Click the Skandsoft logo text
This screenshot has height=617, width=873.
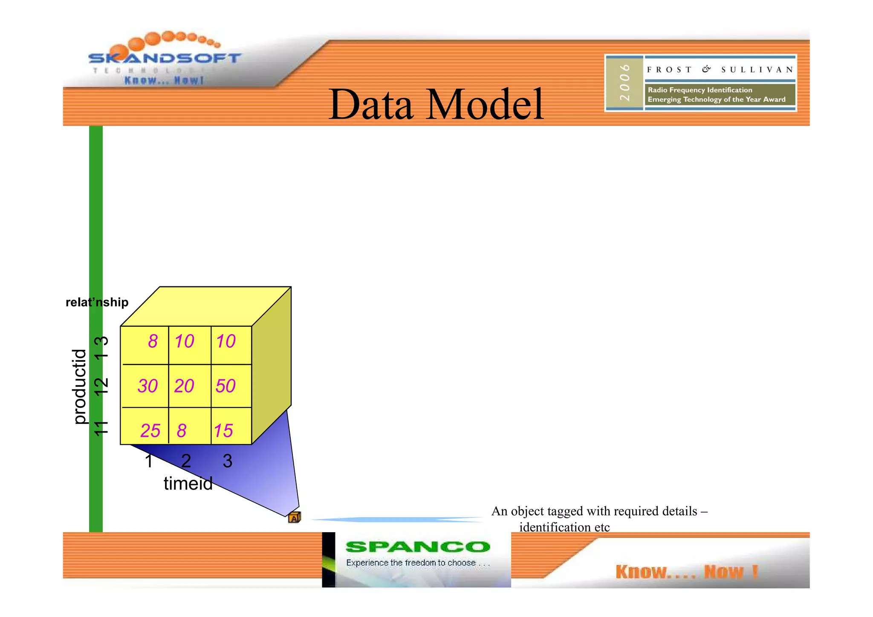pyautogui.click(x=165, y=58)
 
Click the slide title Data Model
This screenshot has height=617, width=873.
pyautogui.click(x=436, y=104)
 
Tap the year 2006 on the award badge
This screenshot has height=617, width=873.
pyautogui.click(x=624, y=83)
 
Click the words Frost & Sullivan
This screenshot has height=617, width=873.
pyautogui.click(x=720, y=69)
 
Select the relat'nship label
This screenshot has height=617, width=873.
pyautogui.click(x=97, y=302)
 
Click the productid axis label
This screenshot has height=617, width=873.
pyautogui.click(x=79, y=386)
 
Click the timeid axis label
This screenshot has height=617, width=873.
pyautogui.click(x=188, y=483)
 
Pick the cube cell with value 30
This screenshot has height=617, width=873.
pyautogui.click(x=147, y=386)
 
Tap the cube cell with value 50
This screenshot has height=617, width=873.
pyautogui.click(x=225, y=386)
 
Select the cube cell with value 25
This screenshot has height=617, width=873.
pyautogui.click(x=150, y=431)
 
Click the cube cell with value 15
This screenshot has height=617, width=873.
pyautogui.click(x=223, y=431)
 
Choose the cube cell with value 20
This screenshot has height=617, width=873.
pyautogui.click(x=184, y=386)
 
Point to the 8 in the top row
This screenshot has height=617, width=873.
pyautogui.click(x=153, y=341)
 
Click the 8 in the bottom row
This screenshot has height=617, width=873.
pyautogui.click(x=182, y=431)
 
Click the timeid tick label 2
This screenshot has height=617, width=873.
pyautogui.click(x=186, y=461)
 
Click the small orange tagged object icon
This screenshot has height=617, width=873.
pyautogui.click(x=294, y=518)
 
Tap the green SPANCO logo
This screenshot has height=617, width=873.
pyautogui.click(x=418, y=547)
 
